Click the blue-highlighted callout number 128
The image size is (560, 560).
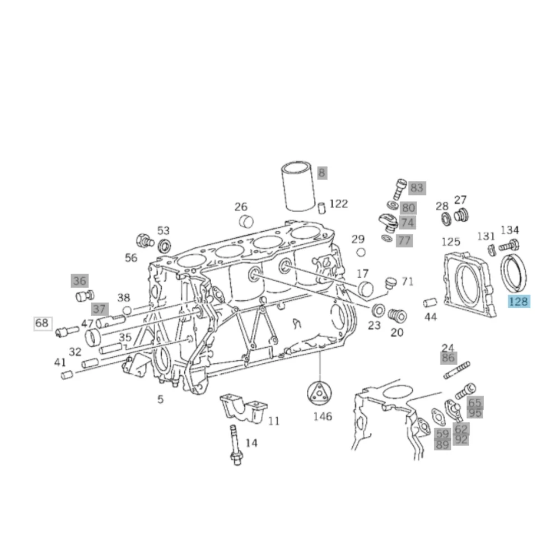(519, 301)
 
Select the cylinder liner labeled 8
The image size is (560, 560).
(298, 186)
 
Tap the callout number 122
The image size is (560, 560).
(338, 204)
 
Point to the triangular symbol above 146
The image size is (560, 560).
(319, 394)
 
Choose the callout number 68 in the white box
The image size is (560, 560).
(42, 323)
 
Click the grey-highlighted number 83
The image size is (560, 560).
(417, 188)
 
